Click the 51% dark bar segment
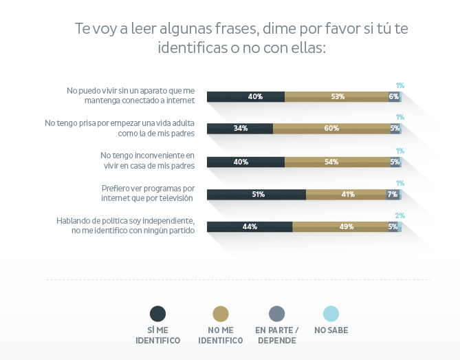(256, 194)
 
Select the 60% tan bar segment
(331, 128)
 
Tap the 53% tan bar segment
(336, 96)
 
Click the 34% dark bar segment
(240, 128)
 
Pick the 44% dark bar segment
(250, 226)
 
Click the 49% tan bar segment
(340, 226)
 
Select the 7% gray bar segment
(392, 194)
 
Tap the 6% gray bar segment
(393, 96)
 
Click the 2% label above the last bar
(399, 215)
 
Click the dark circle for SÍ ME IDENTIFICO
(158, 314)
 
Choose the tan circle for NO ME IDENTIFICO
(221, 314)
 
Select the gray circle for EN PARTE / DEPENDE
(276, 314)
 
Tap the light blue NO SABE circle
(331, 314)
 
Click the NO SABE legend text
(331, 330)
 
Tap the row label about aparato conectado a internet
(131, 95)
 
